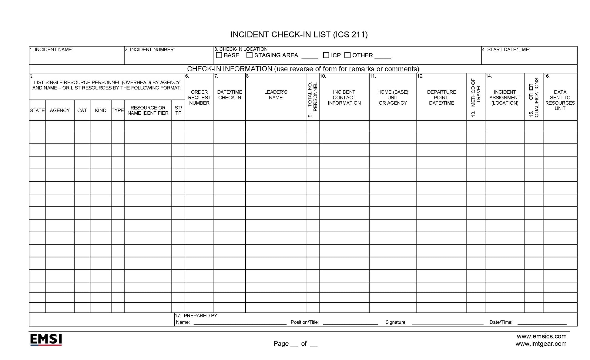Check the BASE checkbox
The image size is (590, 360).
coord(219,55)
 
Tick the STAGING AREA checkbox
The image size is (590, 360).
coord(250,55)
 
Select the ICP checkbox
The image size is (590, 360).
coord(326,55)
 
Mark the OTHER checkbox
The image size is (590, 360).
coord(347,55)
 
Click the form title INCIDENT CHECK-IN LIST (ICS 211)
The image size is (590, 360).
coord(299,35)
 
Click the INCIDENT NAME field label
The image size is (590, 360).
coord(52,49)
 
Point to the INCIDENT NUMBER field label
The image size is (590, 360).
coord(150,49)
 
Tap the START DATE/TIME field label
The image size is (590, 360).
coord(506,49)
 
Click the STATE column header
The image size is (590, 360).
coord(37,110)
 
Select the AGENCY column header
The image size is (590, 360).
coord(60,110)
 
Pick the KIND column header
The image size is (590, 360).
coord(100,110)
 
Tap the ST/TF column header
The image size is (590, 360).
coord(178,110)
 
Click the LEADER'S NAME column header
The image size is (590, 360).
coord(276,95)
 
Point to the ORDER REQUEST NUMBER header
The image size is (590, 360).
coord(199,97)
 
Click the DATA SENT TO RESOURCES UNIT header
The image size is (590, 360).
coord(560,100)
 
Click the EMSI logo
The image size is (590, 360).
coord(46,339)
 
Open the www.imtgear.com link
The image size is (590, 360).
coord(541,344)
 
